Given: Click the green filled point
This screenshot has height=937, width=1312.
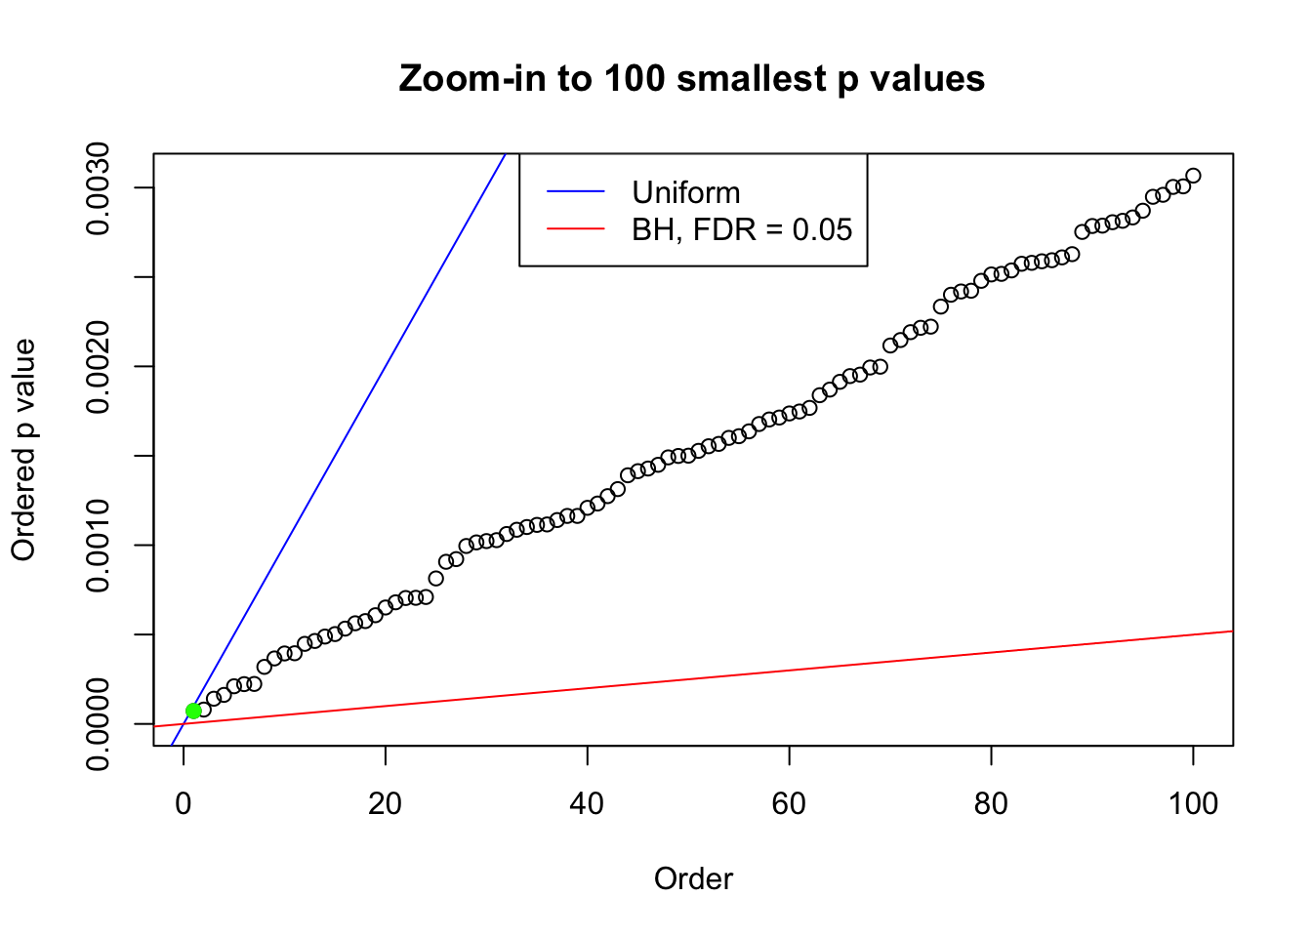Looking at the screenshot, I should [193, 711].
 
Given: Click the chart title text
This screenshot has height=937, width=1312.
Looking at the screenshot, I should [692, 78].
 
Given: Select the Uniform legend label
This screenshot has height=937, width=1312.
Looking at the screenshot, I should [685, 192].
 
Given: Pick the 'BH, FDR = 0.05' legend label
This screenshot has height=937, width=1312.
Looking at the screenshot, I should [742, 229].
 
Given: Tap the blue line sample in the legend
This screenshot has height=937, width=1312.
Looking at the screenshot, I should [576, 192].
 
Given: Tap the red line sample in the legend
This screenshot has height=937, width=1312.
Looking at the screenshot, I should [576, 229].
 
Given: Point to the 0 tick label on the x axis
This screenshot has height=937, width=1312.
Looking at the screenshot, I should [184, 803].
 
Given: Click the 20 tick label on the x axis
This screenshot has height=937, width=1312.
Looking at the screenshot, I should [386, 803].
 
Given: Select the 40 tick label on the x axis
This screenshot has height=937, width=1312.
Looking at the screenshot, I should [588, 803].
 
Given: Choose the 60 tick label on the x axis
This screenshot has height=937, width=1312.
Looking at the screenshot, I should [789, 803].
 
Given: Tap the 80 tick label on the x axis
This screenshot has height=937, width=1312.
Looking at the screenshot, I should [991, 803].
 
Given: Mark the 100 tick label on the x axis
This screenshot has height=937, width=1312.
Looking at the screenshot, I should [1193, 803].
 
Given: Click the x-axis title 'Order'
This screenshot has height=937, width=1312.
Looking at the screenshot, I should [693, 878].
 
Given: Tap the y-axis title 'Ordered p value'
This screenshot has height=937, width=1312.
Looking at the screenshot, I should [23, 450].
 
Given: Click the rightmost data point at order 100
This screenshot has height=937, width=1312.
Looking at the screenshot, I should [1193, 176].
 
